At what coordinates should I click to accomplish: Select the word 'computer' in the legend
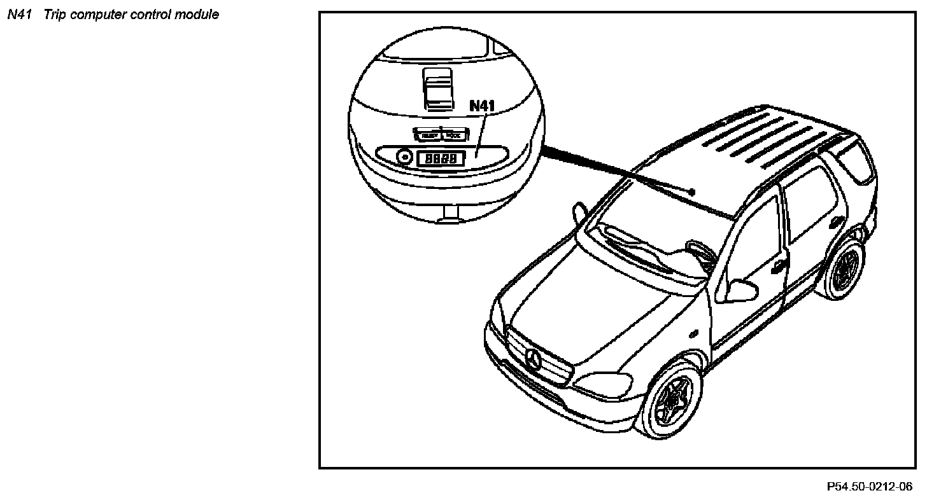tap(97, 15)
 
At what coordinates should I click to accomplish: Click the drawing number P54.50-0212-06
tap(868, 487)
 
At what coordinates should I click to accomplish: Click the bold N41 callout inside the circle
tap(482, 106)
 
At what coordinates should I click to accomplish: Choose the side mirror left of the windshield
tap(579, 212)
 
